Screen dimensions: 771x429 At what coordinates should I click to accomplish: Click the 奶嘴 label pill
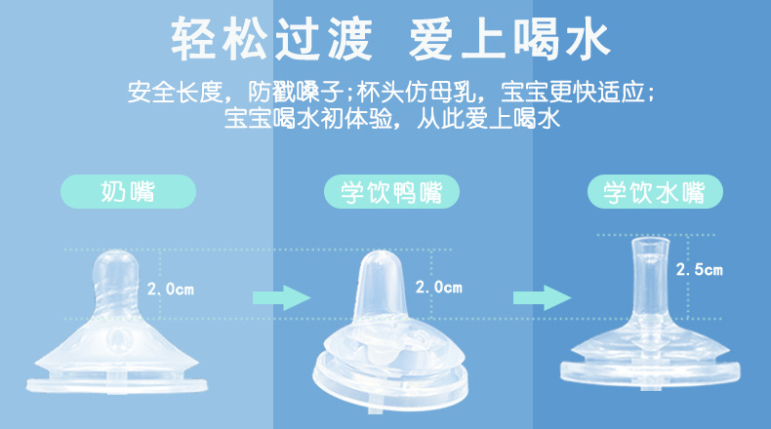pyautogui.click(x=128, y=189)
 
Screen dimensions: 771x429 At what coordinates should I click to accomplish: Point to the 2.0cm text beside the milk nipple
pyautogui.click(x=171, y=289)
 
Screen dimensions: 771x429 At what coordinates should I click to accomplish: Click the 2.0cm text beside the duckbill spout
pyautogui.click(x=438, y=288)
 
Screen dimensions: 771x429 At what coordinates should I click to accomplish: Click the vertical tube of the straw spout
pyautogui.click(x=647, y=278)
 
